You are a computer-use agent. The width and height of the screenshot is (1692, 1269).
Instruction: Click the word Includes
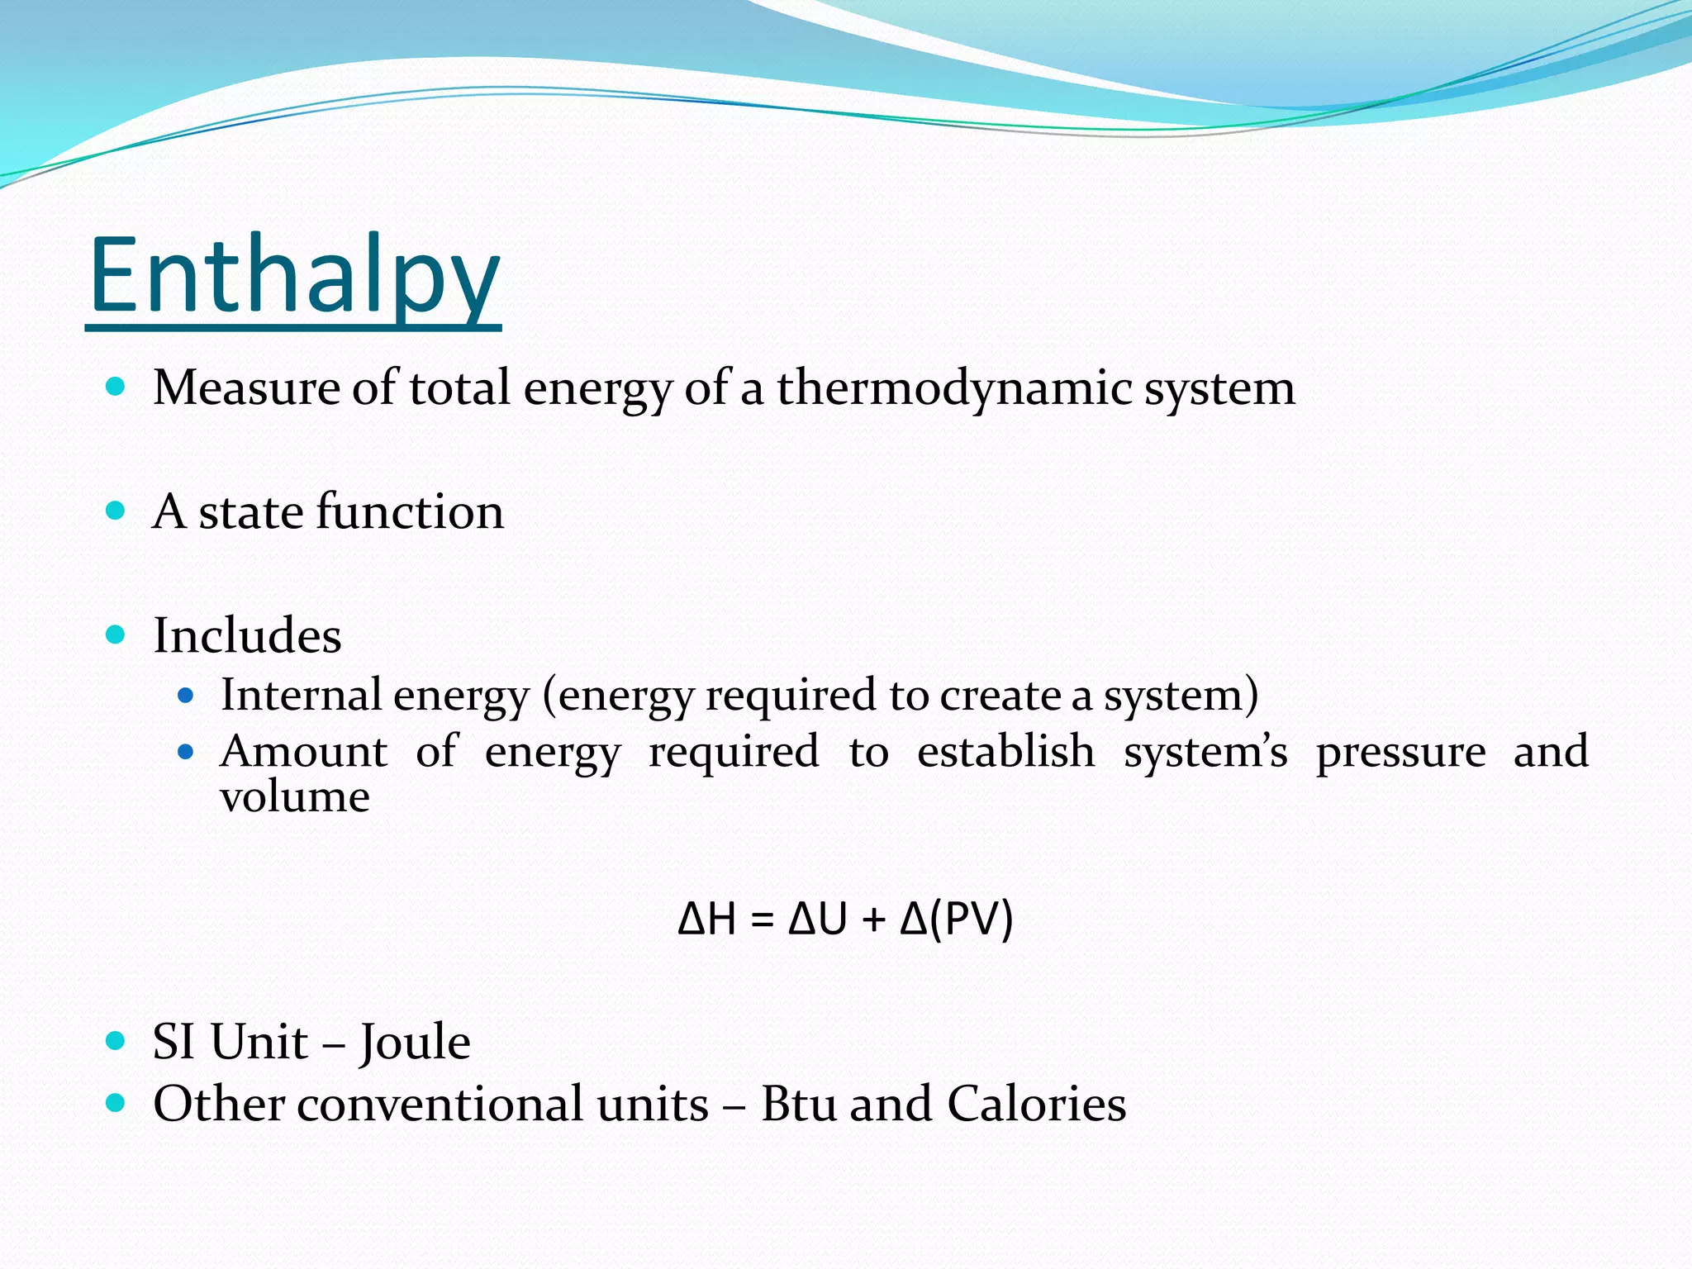tap(247, 635)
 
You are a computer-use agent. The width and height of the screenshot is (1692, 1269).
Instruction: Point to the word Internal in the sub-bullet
tap(301, 694)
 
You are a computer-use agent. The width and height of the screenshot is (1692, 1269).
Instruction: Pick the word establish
tap(1005, 751)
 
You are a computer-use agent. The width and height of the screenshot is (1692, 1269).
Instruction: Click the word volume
tap(294, 796)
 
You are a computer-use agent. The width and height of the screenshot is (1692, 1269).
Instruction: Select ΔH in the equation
tap(706, 919)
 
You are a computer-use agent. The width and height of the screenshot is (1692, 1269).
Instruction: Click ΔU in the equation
tap(818, 919)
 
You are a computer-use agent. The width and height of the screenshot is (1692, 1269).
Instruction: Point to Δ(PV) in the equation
tap(956, 919)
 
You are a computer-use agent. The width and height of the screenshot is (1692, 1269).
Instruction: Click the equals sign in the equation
tap(762, 920)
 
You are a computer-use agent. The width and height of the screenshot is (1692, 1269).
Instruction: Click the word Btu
tap(799, 1104)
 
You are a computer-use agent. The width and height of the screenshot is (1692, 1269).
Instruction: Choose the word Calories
tap(1036, 1104)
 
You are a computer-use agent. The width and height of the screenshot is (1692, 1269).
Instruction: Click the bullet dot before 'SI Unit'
tap(116, 1040)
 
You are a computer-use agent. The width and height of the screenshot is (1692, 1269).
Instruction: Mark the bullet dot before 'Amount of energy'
tap(186, 752)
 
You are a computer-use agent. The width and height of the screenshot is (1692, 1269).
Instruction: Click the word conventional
tap(502, 1104)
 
